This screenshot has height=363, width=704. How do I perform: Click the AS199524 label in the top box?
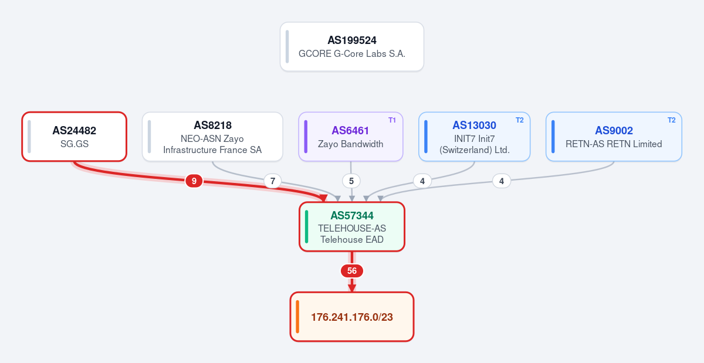pos(351,40)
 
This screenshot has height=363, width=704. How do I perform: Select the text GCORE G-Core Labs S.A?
pos(351,54)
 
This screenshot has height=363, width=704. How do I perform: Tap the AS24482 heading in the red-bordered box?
pos(74,130)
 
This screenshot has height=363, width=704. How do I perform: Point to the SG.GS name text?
pos(75,144)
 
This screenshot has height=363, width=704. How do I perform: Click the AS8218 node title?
pos(212,125)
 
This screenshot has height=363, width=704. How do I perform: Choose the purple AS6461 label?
pos(350,130)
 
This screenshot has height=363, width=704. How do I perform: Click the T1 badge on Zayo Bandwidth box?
pos(392,120)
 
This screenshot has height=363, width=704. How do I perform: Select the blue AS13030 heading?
pos(474,125)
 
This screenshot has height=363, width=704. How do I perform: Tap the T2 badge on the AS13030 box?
pos(520,120)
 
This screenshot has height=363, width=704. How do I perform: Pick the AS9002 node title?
pos(614,130)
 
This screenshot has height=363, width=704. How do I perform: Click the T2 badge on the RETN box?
pos(671,120)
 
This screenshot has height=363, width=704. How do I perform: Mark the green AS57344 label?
pos(351,216)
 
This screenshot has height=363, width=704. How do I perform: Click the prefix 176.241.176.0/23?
pos(351,317)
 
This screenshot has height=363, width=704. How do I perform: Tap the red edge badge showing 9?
pos(194,181)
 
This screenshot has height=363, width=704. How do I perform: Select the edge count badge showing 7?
pos(272,181)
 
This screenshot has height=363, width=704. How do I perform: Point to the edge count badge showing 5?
pos(351,181)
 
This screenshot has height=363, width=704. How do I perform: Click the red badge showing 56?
pos(351,271)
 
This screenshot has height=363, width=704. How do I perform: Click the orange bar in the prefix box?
pos(297,317)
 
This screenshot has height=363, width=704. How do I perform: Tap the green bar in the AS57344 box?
pos(306,226)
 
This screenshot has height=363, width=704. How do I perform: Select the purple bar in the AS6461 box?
pos(306,137)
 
